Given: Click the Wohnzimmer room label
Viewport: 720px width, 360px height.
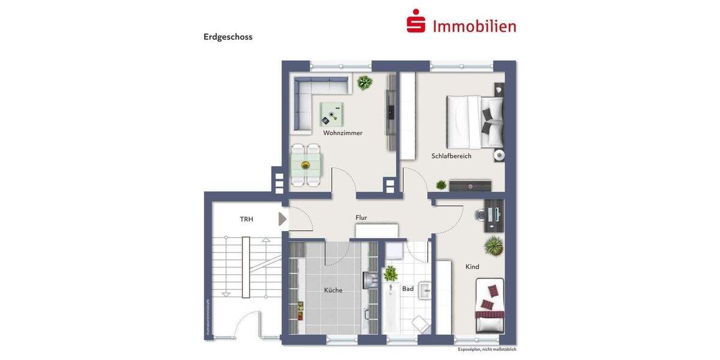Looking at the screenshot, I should [343, 133].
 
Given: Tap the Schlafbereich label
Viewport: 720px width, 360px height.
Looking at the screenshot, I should [451, 156].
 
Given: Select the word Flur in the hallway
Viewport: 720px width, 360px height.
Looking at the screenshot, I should [361, 218].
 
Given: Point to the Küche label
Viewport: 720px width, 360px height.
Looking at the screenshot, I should [333, 290].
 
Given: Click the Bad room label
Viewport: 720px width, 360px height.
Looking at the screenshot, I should [408, 289].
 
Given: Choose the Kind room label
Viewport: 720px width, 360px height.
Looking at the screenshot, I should [472, 267].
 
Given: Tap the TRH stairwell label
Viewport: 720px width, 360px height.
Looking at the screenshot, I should [247, 220].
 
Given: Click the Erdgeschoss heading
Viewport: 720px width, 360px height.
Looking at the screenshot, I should [228, 37].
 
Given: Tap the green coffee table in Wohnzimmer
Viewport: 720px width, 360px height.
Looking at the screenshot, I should [332, 114].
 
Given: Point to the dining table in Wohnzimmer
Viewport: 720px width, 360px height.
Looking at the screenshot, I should [305, 164].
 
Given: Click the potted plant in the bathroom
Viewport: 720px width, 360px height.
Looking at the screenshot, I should [391, 274].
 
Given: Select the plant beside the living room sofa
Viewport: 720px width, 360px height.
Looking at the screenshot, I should [364, 82].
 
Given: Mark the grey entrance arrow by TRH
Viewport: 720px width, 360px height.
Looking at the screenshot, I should [283, 219].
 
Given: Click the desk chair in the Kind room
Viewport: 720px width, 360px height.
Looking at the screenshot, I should [481, 215].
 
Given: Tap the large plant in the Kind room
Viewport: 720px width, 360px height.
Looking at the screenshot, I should [494, 245].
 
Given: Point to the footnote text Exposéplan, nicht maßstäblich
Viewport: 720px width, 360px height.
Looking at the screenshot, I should [487, 349].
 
